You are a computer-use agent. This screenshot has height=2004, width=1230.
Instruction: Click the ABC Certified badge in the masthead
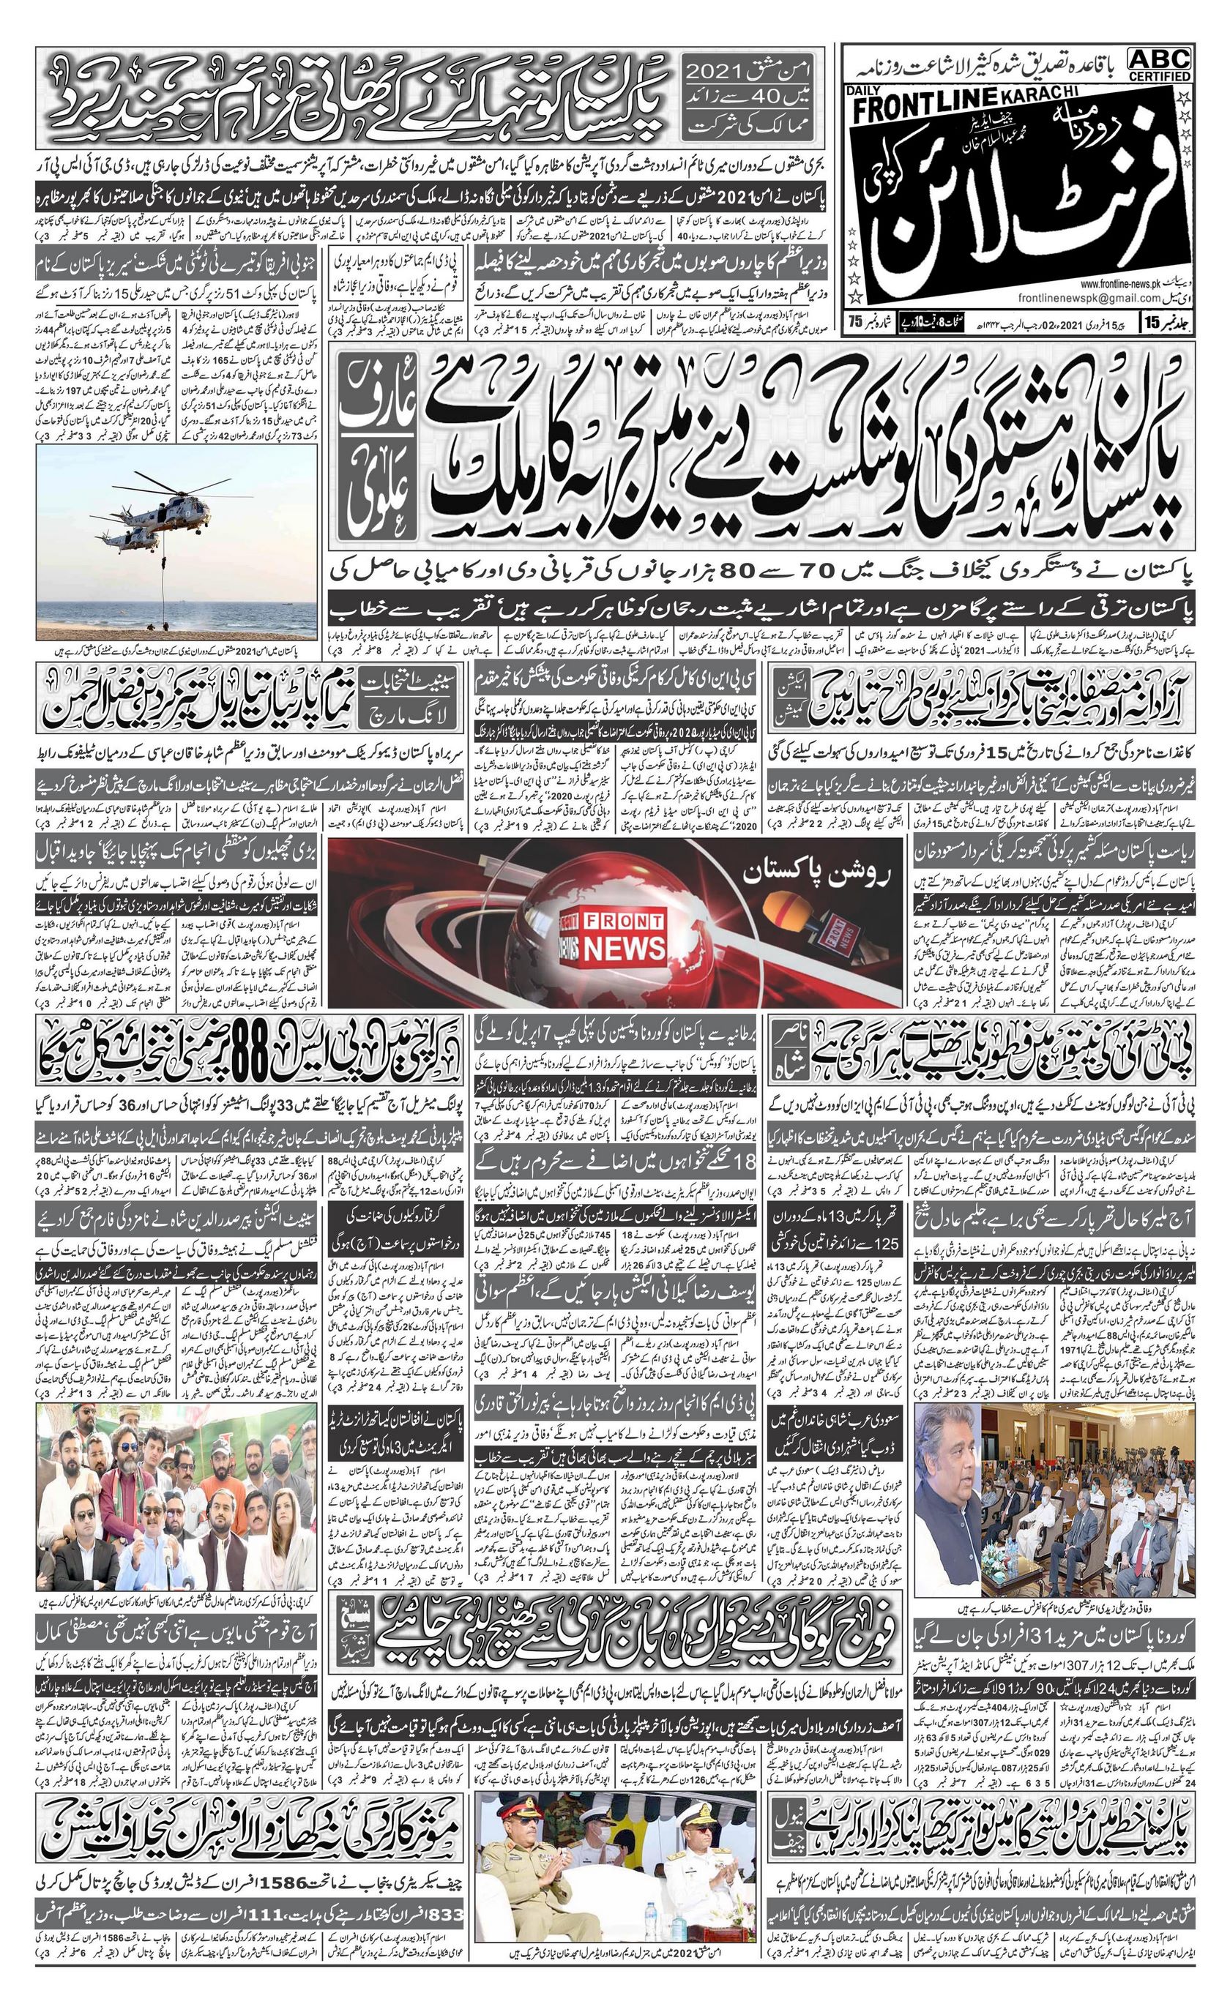pyautogui.click(x=1158, y=64)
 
